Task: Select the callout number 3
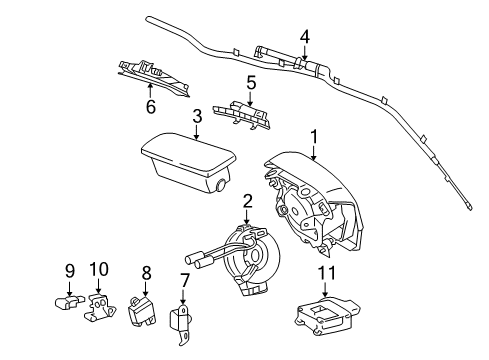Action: [x=197, y=116]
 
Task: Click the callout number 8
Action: [x=146, y=271]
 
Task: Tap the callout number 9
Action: [x=70, y=269]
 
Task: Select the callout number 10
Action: [x=99, y=269]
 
